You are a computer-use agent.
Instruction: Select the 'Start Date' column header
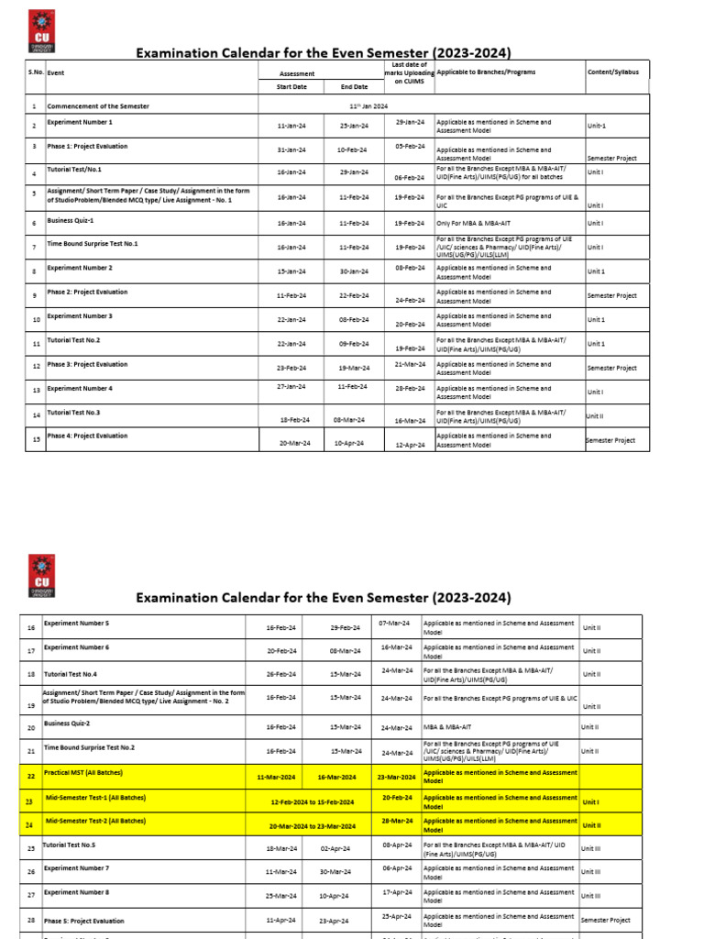[291, 87]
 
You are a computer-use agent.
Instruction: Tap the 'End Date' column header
[354, 87]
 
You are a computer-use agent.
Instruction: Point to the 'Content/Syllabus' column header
[613, 72]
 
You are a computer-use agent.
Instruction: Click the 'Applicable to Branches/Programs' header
[487, 72]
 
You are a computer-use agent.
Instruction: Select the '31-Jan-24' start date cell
[291, 149]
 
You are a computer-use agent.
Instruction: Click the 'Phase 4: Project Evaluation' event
[88, 436]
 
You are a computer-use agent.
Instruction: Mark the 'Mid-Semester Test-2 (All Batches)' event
[95, 822]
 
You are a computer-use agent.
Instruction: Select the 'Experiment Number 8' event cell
[77, 891]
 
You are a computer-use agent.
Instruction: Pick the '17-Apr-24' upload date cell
[397, 891]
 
